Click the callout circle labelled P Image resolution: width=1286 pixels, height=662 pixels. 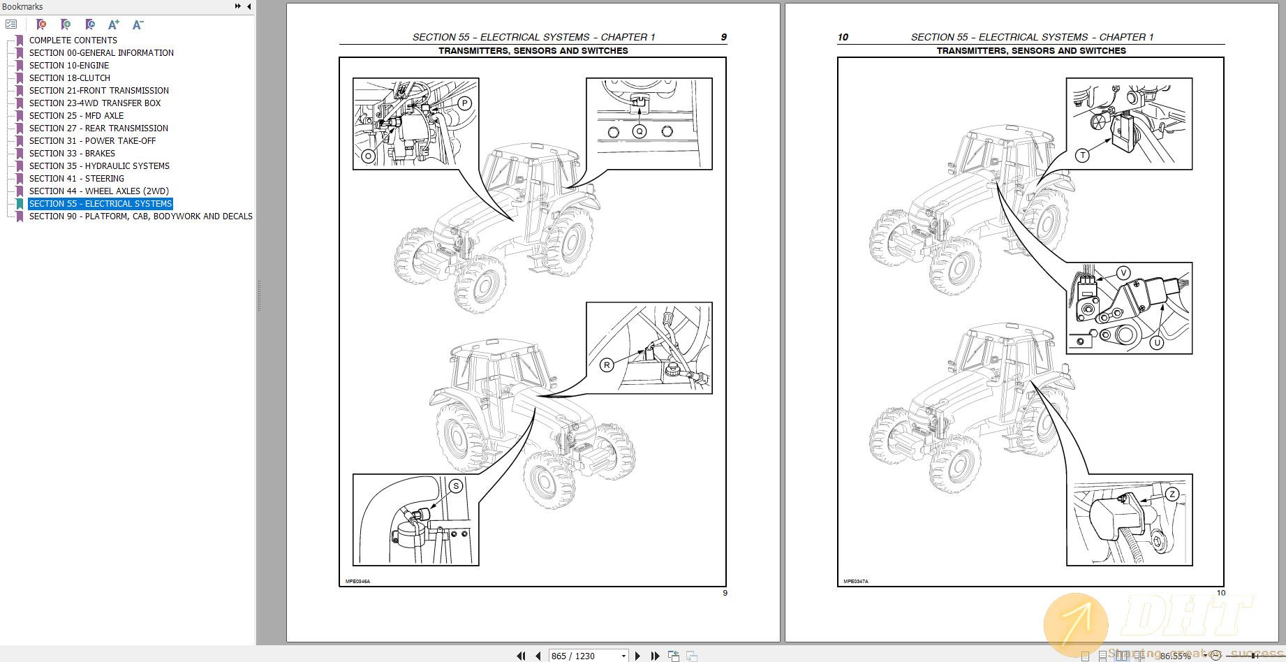(465, 103)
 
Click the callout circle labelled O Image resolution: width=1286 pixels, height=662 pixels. (368, 156)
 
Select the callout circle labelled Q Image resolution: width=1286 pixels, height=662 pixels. (640, 131)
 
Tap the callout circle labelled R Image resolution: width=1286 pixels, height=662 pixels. (607, 365)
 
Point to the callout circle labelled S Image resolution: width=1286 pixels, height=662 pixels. (456, 486)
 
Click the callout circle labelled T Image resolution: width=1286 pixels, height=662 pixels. (1082, 155)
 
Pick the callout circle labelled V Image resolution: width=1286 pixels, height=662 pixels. (1123, 273)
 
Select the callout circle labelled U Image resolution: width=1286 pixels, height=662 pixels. (1157, 342)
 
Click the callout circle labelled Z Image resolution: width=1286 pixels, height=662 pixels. (1172, 494)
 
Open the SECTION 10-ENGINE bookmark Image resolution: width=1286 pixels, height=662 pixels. (69, 66)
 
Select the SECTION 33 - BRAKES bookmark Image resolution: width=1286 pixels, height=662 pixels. (72, 154)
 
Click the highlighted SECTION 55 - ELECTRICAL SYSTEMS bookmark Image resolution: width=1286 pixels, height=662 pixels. (100, 204)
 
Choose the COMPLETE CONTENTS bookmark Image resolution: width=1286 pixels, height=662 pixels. (73, 41)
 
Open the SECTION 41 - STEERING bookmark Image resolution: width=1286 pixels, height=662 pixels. (76, 179)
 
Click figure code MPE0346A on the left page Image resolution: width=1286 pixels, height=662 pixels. (357, 581)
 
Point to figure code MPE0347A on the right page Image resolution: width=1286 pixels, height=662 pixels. (855, 581)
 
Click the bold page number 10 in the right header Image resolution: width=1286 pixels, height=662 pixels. (843, 37)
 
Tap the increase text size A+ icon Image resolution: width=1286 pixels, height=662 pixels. (114, 24)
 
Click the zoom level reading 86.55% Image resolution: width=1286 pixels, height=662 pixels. (1176, 656)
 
